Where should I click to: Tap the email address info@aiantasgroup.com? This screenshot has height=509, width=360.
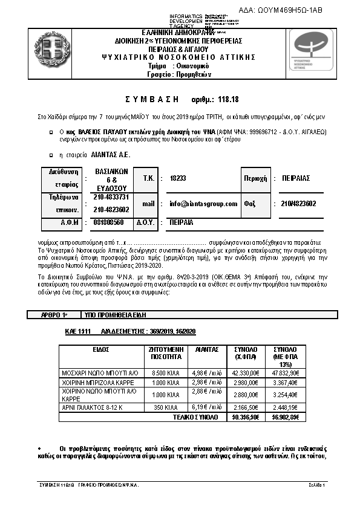203,204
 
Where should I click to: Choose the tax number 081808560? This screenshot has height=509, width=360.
109,222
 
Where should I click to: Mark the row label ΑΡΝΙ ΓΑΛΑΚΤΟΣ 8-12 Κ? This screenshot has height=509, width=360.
91,409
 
